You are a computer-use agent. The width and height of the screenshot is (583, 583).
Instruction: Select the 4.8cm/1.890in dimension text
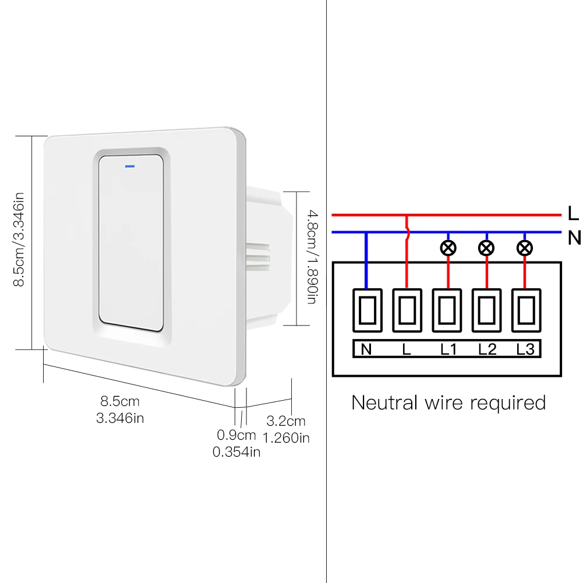pos(310,259)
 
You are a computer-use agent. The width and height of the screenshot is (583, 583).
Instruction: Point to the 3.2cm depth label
pos(285,421)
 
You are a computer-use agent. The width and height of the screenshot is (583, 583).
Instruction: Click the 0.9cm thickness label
pos(236,434)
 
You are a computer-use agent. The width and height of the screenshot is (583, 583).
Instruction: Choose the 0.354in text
pos(236,451)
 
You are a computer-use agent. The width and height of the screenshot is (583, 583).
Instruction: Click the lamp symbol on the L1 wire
pos(447,249)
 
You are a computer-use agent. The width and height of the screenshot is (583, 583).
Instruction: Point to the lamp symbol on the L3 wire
pos(525,249)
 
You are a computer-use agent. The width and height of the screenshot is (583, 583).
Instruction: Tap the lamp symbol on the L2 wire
pos(486,249)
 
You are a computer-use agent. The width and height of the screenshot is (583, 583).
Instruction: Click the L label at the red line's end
pos(573,214)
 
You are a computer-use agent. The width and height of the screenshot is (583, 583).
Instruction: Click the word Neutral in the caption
pos(385,402)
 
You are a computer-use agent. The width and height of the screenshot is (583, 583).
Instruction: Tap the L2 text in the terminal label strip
pos(487,349)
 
